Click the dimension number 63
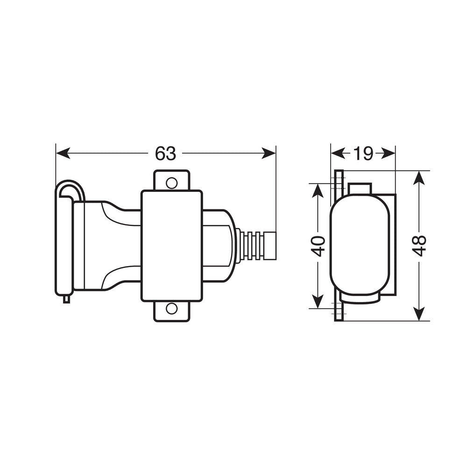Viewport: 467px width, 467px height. pos(166,153)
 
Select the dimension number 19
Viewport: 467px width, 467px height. pos(363,153)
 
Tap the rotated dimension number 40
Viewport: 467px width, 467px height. pos(318,246)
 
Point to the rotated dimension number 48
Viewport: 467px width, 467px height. pos(420,246)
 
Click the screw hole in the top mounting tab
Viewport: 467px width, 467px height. pos(172,182)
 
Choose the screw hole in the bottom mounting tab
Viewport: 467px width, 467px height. pos(172,308)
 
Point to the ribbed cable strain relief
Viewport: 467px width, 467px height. pos(256,245)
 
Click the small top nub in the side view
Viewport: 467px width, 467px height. pos(360,188)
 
